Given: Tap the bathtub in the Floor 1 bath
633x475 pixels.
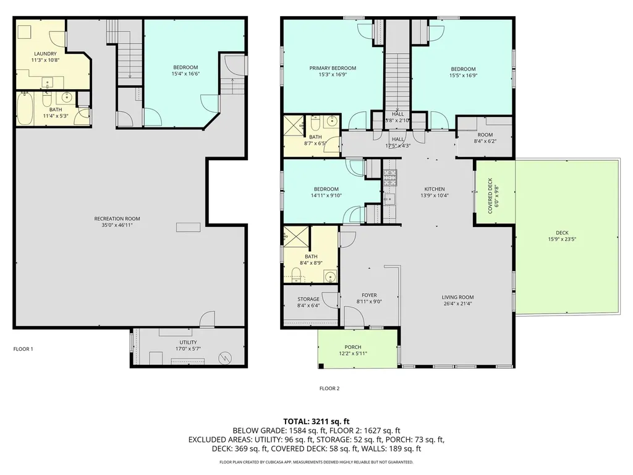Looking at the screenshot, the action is point(25,109).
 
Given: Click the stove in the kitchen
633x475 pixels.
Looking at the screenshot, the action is point(390,175).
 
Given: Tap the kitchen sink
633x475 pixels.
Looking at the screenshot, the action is point(389,199).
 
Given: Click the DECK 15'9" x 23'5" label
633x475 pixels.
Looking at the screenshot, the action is point(562,236).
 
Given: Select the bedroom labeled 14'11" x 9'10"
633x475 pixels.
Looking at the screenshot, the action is point(326,192).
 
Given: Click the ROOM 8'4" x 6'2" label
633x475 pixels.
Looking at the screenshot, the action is point(485,138).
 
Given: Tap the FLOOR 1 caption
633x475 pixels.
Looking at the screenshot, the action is point(23,349).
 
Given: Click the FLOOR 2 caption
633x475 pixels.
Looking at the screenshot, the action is point(329,388).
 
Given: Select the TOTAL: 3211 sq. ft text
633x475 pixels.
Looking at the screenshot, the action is point(316,422).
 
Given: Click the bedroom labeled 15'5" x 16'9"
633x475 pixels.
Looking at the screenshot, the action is point(463,72).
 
